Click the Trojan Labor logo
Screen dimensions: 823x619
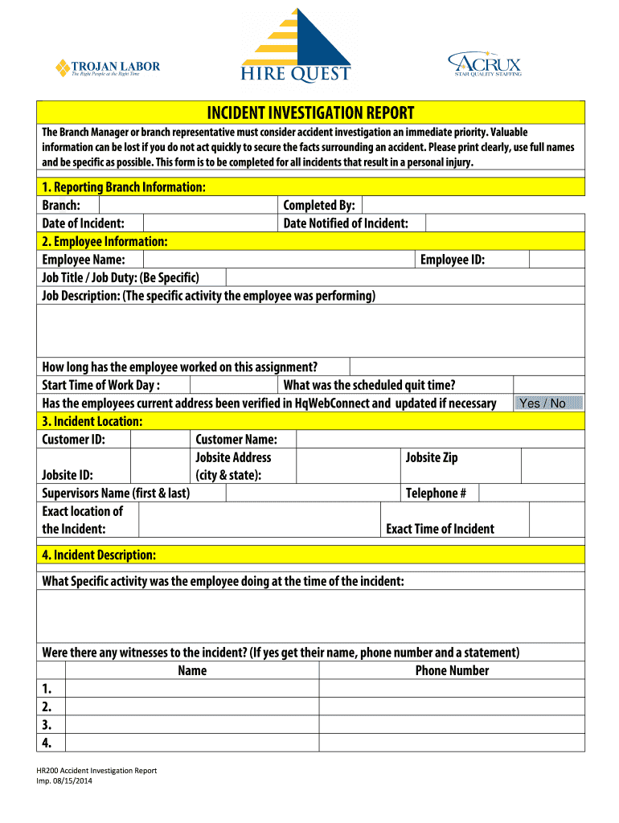click(x=107, y=68)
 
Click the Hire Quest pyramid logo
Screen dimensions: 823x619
click(x=296, y=47)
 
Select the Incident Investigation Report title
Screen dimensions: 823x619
click(x=311, y=113)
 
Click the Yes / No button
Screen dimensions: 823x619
click(x=548, y=403)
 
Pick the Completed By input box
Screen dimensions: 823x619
click(x=473, y=206)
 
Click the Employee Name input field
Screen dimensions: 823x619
click(x=279, y=260)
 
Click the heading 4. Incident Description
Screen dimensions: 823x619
click(x=100, y=555)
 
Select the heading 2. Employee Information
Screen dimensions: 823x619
click(x=105, y=241)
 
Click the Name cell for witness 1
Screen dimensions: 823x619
click(x=191, y=689)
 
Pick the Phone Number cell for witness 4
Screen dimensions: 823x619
click(x=451, y=743)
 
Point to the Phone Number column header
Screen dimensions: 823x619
click(x=452, y=670)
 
